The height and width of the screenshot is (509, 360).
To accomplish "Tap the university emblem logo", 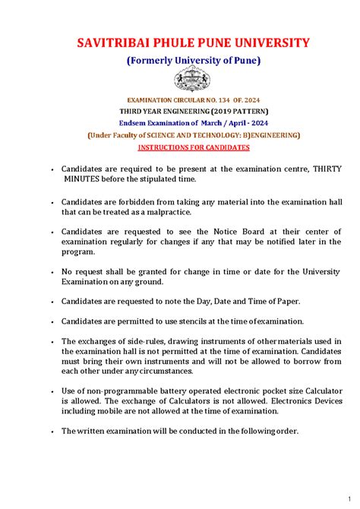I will click(x=180, y=78).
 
